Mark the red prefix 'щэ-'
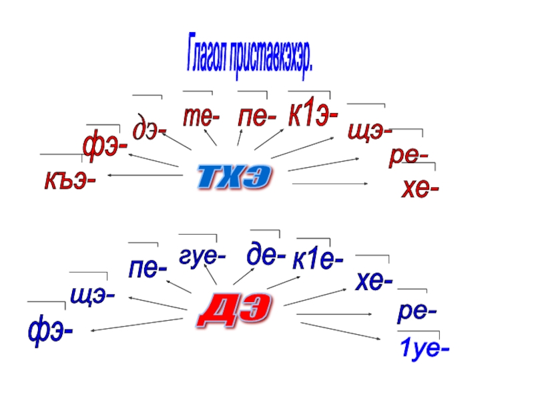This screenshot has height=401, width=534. tap(370, 131)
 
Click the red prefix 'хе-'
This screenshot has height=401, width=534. tap(420, 190)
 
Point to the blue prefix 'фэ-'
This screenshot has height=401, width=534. tap(51, 330)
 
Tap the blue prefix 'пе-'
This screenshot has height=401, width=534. tap(148, 269)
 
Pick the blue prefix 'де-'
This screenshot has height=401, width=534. tap(266, 254)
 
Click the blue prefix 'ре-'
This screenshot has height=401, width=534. tap(417, 311)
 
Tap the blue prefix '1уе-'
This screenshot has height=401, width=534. tap(424, 348)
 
